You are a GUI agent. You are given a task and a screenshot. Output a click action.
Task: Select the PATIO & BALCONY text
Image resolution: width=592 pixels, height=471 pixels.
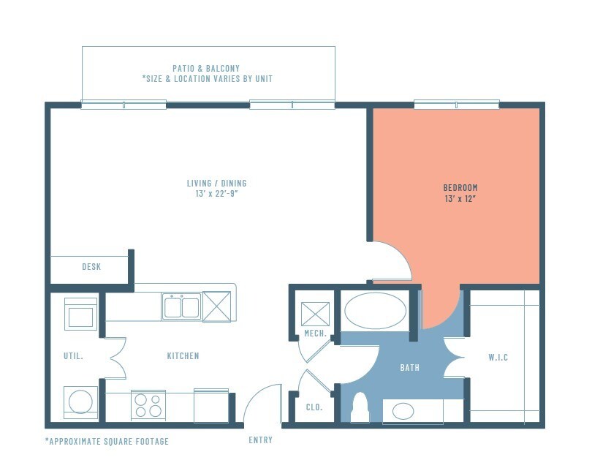pyautogui.click(x=208, y=68)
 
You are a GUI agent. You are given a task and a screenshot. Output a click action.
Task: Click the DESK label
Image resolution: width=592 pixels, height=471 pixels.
pyautogui.click(x=91, y=267)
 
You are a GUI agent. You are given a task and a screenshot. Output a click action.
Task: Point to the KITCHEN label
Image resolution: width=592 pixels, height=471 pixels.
pyautogui.click(x=183, y=356)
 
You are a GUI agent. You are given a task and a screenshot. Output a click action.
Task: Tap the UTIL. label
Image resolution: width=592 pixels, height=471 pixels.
pyautogui.click(x=74, y=356)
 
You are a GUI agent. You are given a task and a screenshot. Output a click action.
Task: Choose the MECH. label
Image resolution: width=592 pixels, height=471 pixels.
pyautogui.click(x=314, y=334)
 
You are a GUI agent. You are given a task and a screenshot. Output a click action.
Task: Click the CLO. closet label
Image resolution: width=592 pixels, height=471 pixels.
pyautogui.click(x=314, y=407)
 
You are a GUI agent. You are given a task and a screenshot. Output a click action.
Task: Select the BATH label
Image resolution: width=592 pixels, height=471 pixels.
pyautogui.click(x=409, y=367)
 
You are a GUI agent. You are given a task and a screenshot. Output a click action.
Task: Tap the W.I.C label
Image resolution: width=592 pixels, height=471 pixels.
pyautogui.click(x=498, y=358)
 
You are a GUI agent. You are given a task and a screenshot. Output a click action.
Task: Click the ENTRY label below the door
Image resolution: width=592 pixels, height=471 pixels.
pyautogui.click(x=261, y=440)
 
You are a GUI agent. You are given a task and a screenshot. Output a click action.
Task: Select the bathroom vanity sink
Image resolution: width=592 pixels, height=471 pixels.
pyautogui.click(x=403, y=411)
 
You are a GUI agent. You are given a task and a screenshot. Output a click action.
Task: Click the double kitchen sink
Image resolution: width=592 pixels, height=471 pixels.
pyautogui.click(x=181, y=307)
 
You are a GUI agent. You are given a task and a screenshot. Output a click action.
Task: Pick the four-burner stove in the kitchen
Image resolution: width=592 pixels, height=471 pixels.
pyautogui.click(x=148, y=405)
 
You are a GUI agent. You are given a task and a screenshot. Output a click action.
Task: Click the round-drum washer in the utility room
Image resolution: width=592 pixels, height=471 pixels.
pyautogui.click(x=80, y=402)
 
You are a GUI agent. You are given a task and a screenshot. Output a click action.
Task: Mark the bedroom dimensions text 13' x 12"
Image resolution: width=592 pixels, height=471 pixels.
pyautogui.click(x=460, y=198)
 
